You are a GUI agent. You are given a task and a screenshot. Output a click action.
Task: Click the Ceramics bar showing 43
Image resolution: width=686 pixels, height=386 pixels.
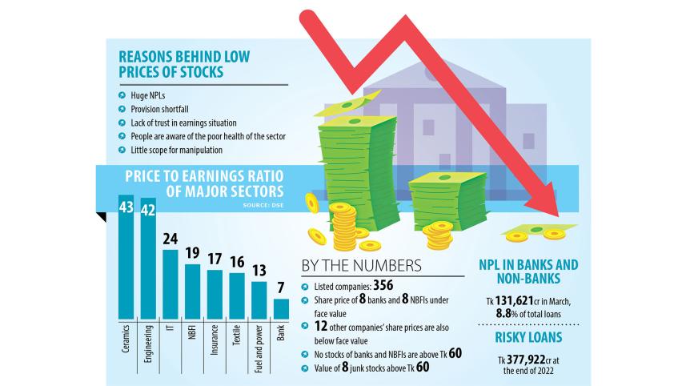(126, 256)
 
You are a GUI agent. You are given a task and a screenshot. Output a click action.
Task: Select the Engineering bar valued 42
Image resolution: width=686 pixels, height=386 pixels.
(148, 258)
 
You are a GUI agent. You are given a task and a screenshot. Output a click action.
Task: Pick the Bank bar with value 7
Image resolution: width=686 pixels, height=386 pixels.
(281, 308)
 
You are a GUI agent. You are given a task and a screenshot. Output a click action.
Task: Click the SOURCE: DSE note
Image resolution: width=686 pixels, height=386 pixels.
(263, 206)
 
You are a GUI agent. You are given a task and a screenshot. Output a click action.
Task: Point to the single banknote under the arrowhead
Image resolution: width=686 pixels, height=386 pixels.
(535, 233)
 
